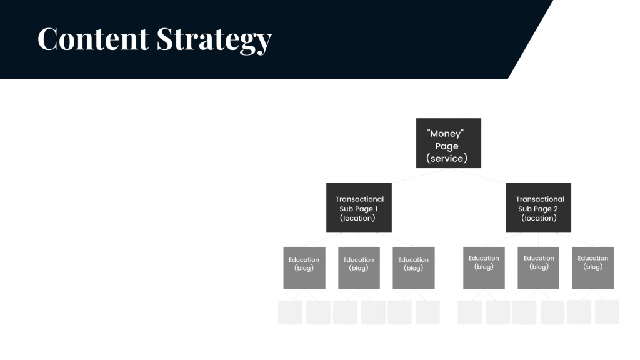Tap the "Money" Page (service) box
449,143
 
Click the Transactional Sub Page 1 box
358,207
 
